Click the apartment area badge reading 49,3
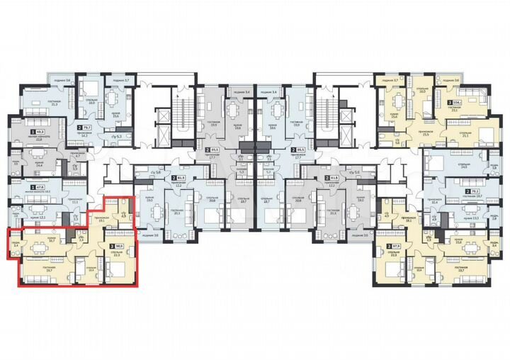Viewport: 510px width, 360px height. click(x=40, y=132)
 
